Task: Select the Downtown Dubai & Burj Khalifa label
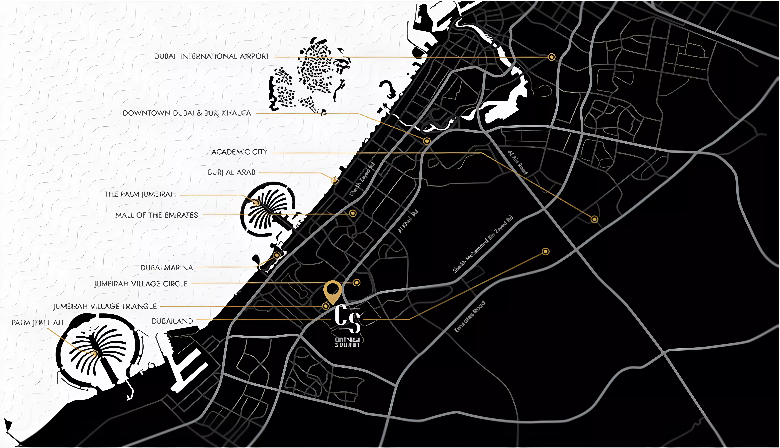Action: pyautogui.click(x=187, y=113)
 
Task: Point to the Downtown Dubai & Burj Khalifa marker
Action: pyautogui.click(x=426, y=141)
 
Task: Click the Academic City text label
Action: pyautogui.click(x=239, y=152)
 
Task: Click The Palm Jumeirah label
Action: pyautogui.click(x=140, y=194)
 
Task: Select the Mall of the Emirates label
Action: pyautogui.click(x=156, y=215)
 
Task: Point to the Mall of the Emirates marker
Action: pyautogui.click(x=353, y=213)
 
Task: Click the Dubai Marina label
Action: pyautogui.click(x=167, y=268)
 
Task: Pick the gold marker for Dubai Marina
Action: pyautogui.click(x=277, y=255)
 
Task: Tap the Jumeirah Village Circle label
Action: pyautogui.click(x=141, y=284)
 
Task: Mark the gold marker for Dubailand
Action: pyautogui.click(x=545, y=252)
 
